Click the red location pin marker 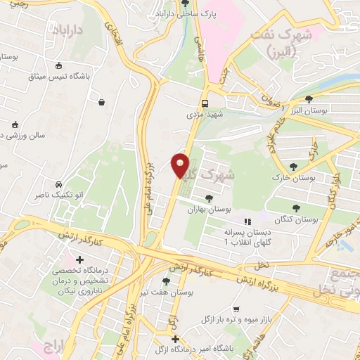180,165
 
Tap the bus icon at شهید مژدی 205,101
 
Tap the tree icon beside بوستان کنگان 295,207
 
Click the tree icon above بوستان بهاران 208,198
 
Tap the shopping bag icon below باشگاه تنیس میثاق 103,103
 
